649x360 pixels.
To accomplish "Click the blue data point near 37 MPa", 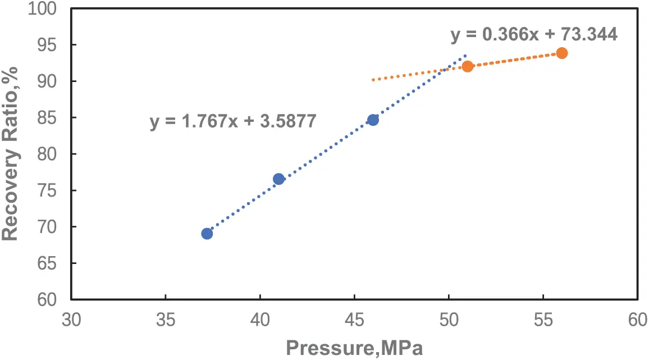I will coord(207,234).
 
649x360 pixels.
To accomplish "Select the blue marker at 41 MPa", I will coord(278,179).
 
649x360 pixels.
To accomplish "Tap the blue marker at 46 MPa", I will coord(373,120).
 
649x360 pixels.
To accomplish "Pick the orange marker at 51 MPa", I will coord(468,66).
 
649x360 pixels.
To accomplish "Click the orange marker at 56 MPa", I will coord(562,53).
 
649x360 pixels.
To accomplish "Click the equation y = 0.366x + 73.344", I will coord(534,34).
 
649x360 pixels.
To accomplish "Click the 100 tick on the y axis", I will coord(50,9).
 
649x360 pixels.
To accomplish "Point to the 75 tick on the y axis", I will coord(54,191).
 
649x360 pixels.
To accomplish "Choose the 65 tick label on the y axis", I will coord(54,263).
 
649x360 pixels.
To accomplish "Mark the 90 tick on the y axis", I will coord(54,81).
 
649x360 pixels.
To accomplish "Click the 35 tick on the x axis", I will coord(166,320).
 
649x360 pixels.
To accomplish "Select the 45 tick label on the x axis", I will coord(354,320).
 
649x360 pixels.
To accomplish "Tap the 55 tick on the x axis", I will coord(543,320).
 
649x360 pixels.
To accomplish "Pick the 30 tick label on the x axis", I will coord(71,320).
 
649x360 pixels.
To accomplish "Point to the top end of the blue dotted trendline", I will coord(465,56).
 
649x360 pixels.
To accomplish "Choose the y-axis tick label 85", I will coord(54,118).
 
